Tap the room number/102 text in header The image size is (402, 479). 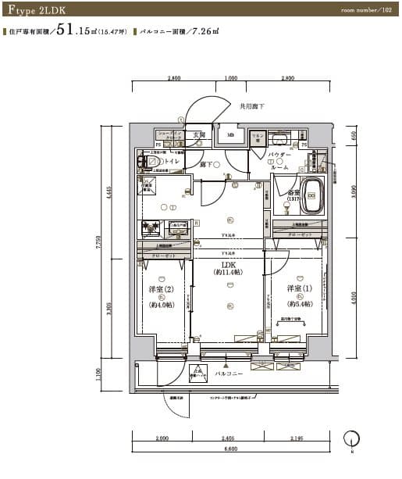pyautogui.click(x=366, y=11)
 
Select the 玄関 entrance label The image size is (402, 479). pyautogui.click(x=199, y=134)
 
